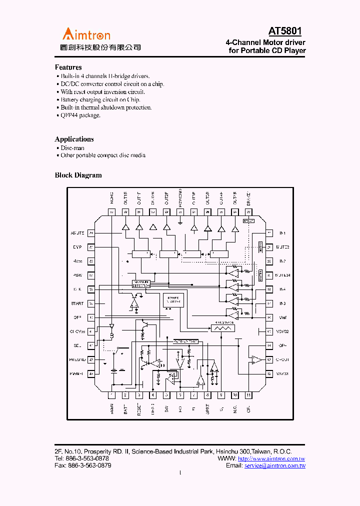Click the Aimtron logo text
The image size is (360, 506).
(86, 34)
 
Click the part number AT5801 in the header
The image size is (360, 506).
(285, 31)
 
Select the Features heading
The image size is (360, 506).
(68, 67)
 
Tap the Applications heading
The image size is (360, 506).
(74, 139)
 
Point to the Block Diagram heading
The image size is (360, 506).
(78, 175)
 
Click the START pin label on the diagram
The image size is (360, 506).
(77, 303)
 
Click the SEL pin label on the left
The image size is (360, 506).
(77, 345)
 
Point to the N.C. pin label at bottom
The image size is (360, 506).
(234, 409)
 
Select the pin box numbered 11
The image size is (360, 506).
(248, 395)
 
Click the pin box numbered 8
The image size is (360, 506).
(207, 395)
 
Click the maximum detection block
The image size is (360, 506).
(141, 283)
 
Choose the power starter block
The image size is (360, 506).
(173, 300)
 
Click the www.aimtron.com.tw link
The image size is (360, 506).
(271, 458)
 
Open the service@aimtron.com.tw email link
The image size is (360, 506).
(274, 465)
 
